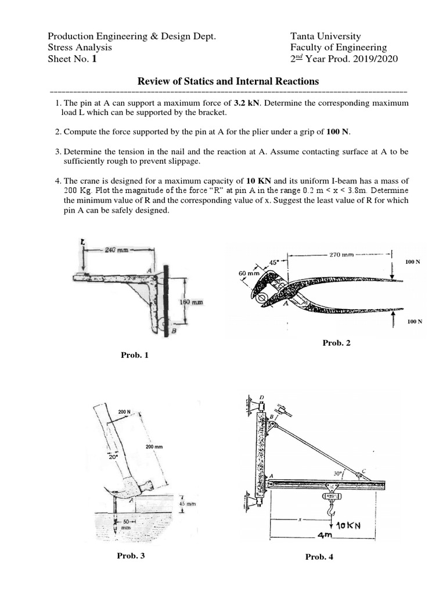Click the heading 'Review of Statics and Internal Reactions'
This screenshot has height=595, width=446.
[228, 81]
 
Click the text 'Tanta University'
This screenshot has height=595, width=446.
[325, 37]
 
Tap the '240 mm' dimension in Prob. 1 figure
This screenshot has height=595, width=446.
[118, 250]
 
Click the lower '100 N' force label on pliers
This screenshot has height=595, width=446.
[414, 321]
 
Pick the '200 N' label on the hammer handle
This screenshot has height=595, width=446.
[125, 412]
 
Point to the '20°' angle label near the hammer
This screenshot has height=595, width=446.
[113, 457]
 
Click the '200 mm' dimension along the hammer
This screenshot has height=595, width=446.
[153, 446]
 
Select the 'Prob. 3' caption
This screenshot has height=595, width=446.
[131, 556]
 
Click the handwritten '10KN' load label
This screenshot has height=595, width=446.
[349, 525]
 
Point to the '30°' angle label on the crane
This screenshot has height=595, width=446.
[339, 474]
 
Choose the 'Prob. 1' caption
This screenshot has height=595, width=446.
[135, 354]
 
